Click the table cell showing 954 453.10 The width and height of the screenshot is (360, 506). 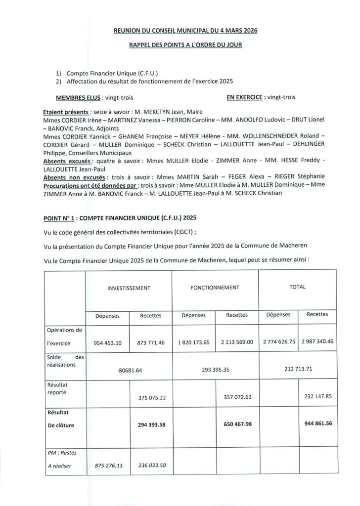point(107,342)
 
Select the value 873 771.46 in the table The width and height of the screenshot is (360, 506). point(150,342)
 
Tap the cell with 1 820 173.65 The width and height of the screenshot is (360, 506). point(193,342)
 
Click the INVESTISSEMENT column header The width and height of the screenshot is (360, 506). point(129,287)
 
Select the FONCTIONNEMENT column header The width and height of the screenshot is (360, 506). point(215,287)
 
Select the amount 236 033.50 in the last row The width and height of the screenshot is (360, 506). point(150,465)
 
